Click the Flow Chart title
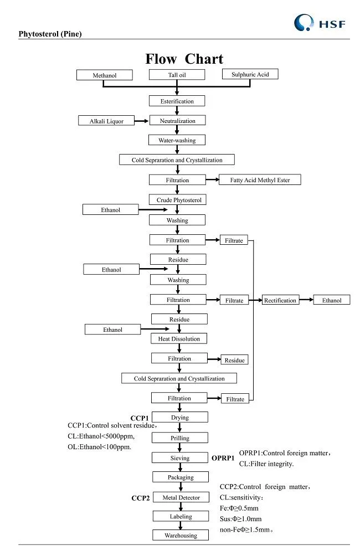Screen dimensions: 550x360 point(184,59)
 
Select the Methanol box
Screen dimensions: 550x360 point(105,75)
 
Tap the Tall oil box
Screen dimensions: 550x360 point(177,75)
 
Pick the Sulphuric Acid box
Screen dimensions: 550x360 point(250,74)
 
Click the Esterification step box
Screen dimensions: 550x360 point(177,101)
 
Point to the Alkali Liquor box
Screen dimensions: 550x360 point(107,121)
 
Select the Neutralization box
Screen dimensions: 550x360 point(177,121)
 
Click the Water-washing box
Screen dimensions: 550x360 point(177,140)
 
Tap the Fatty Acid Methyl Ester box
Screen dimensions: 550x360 point(260,179)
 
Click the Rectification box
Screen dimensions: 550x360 point(280,300)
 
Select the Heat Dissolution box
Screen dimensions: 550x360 point(179,338)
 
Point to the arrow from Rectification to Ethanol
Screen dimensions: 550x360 point(306,300)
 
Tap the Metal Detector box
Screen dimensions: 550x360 point(181,497)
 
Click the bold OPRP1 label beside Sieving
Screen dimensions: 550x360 point(223,459)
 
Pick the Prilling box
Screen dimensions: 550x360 point(179,438)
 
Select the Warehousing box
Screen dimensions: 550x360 point(181,536)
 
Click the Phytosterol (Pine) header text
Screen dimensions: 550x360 point(50,34)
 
